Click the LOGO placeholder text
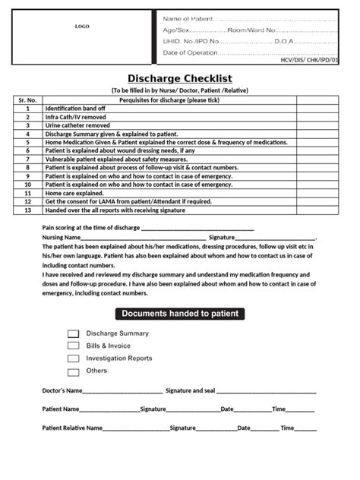coord(81,27)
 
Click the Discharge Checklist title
coord(179,79)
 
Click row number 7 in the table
coord(27,159)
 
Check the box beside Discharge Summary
coord(73,333)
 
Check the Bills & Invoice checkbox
coord(73,346)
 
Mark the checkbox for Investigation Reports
coord(73,358)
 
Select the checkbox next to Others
coord(73,371)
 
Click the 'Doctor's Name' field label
coord(61,390)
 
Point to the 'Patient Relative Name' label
coord(72,428)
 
